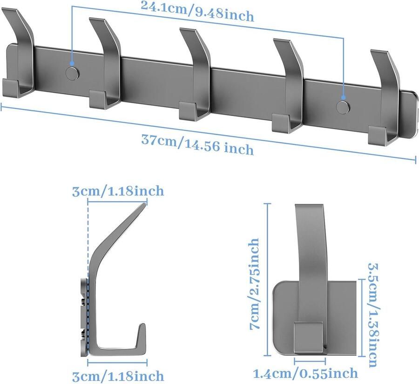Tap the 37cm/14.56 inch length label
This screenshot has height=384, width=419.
click(x=197, y=144)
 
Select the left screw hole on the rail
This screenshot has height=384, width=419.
click(x=72, y=73)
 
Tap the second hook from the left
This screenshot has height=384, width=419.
click(x=107, y=64)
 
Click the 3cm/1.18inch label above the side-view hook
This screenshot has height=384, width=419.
click(x=118, y=191)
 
